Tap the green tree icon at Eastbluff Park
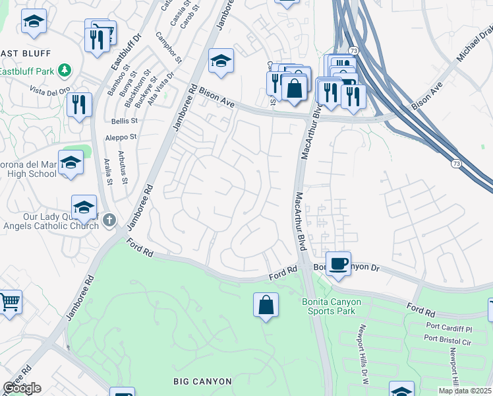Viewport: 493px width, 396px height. coord(64,69)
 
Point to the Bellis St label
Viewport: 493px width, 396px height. coord(124,121)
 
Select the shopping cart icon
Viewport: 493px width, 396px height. coord(9,303)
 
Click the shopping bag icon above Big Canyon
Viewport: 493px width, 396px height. coord(266,306)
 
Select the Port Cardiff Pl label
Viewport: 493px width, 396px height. coord(449,328)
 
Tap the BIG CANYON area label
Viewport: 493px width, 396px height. coord(202,381)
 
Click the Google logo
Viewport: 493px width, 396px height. coord(21,388)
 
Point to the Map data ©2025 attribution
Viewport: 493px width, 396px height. coord(465,391)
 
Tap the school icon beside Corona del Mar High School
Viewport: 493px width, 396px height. coord(71,164)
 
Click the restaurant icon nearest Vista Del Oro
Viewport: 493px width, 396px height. coord(79,105)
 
